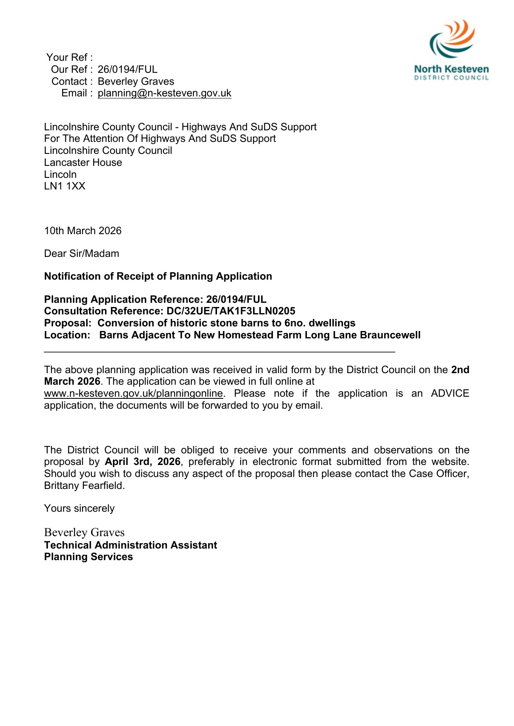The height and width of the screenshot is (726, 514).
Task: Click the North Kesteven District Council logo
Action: coord(451,50)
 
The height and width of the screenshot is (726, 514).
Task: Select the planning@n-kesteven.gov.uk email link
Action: coord(164,93)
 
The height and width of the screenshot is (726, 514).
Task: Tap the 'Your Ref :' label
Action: coord(70,57)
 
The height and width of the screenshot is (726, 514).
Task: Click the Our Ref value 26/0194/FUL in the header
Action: coord(128,69)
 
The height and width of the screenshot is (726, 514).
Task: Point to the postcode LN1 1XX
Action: coord(65,186)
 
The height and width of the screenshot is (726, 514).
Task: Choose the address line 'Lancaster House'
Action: coord(83,163)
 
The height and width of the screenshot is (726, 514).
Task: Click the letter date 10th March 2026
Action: coord(83,231)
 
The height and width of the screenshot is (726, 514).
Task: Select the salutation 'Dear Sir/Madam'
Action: coord(82,254)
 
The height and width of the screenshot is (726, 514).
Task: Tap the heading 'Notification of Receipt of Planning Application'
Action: coord(158,276)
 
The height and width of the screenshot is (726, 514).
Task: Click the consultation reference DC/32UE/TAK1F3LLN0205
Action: coord(231,311)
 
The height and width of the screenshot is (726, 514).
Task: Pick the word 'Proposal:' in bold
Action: coord(68,323)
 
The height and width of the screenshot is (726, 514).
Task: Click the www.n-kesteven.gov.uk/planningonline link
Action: coord(133,393)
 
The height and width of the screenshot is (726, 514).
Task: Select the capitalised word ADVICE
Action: coord(450,393)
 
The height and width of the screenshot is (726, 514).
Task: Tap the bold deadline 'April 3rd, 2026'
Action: coord(142,462)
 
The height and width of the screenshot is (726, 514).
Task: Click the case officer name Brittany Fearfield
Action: coord(84,486)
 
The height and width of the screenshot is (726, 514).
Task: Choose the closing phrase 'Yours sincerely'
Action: coord(79,508)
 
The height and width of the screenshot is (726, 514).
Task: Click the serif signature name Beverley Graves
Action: coord(84,532)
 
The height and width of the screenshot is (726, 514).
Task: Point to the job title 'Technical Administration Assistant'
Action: coord(130,545)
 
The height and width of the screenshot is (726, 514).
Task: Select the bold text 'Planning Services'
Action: coord(88,557)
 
